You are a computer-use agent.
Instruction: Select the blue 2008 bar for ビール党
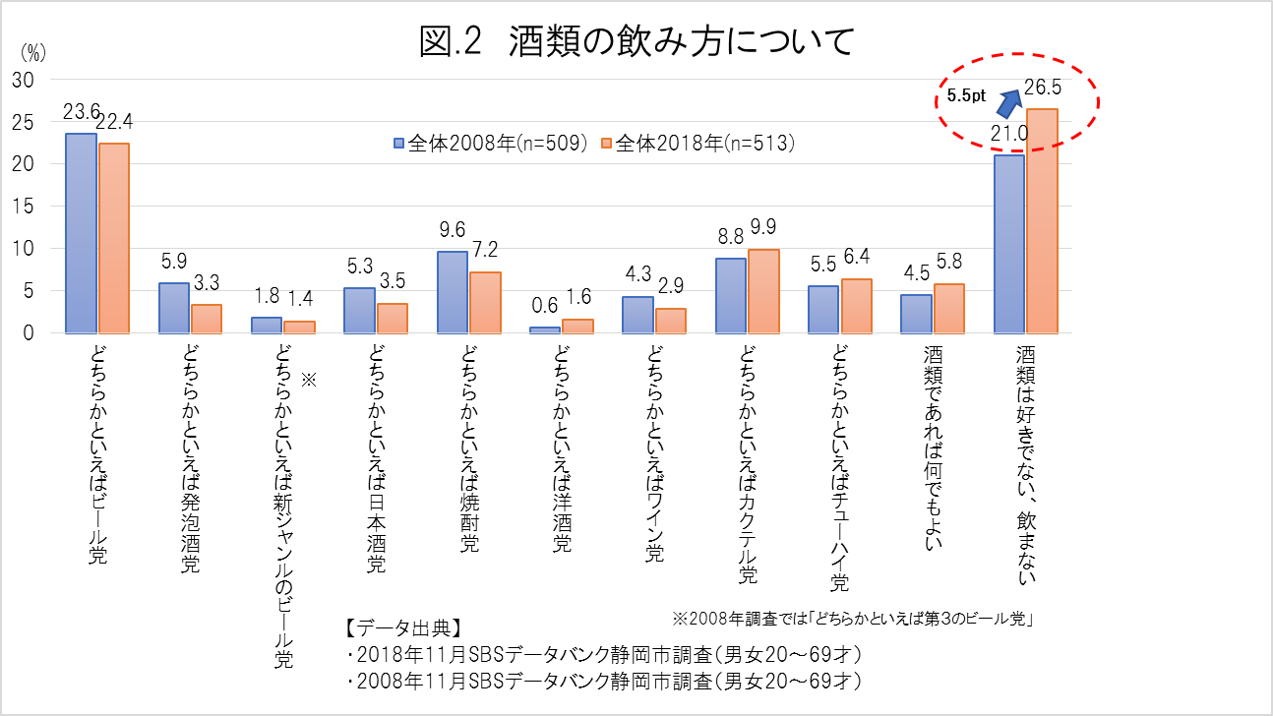click(81, 233)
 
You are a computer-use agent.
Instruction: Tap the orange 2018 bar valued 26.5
click(1042, 221)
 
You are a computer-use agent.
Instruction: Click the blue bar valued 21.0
click(1008, 244)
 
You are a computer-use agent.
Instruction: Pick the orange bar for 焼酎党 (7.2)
click(485, 302)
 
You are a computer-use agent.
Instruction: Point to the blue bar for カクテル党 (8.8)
click(730, 295)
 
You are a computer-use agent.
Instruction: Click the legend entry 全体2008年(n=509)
click(490, 143)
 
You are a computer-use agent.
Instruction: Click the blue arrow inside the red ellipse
click(1009, 99)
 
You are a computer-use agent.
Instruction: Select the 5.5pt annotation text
click(966, 96)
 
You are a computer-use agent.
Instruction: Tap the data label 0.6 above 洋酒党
click(545, 307)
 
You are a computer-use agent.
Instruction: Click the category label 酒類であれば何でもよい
click(932, 442)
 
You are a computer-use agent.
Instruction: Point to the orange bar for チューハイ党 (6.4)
click(856, 306)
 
